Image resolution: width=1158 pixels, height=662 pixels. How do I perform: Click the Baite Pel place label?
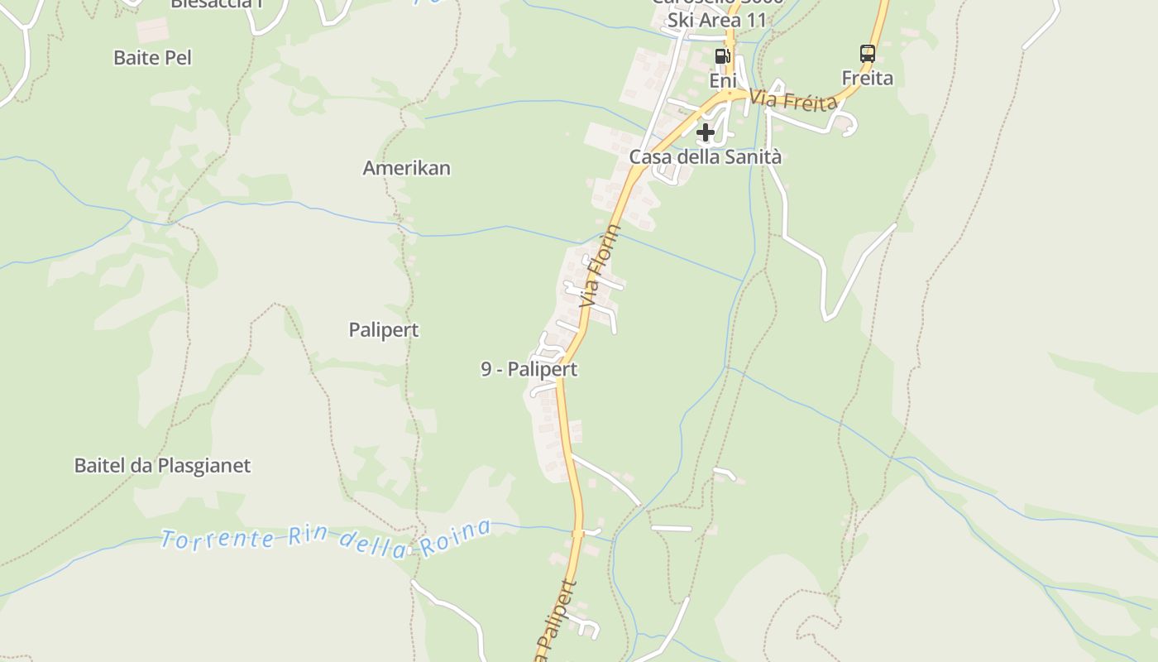[x=152, y=57]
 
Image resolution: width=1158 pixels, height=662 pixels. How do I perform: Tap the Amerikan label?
[x=406, y=168]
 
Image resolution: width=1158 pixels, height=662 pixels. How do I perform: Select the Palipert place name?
[x=383, y=330]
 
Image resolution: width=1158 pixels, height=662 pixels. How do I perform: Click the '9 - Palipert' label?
[x=529, y=369]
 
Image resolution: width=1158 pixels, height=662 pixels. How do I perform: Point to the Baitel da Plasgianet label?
[x=162, y=465]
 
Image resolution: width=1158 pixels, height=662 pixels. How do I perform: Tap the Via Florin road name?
[x=601, y=266]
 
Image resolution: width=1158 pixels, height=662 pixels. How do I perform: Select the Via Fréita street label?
[x=793, y=102]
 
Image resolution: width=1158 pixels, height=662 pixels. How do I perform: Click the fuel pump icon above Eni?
[x=722, y=55]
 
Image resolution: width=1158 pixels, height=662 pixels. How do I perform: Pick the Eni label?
[x=722, y=80]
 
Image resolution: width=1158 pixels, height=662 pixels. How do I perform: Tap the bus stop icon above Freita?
[x=867, y=54]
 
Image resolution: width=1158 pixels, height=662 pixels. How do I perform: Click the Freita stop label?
[x=867, y=79]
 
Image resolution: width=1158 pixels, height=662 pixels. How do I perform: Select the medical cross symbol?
[x=705, y=132]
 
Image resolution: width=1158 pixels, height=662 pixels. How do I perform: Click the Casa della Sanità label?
[x=705, y=156]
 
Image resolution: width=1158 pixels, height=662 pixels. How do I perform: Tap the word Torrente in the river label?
[x=218, y=540]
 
